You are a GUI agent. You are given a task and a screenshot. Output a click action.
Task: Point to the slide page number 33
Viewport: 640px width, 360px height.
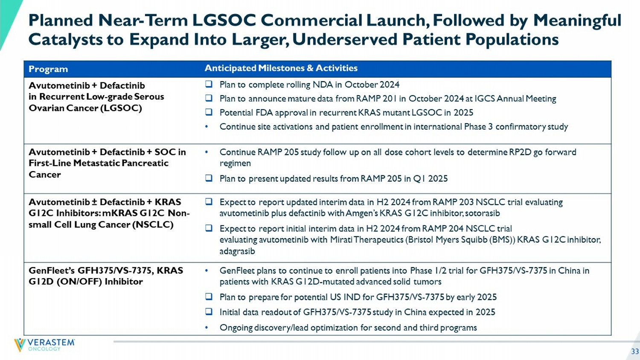635,351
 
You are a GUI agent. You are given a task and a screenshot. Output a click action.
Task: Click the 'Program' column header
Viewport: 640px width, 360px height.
48,69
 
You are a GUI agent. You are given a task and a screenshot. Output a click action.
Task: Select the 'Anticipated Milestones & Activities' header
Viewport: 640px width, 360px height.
281,68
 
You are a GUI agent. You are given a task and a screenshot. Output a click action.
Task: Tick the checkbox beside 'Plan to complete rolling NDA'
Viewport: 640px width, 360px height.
209,84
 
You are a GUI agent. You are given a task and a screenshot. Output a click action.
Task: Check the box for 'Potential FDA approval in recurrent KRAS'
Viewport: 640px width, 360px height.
209,112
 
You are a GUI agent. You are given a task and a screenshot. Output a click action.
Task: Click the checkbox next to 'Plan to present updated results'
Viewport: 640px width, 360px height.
209,178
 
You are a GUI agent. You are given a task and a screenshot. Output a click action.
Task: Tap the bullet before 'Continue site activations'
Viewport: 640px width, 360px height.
207,127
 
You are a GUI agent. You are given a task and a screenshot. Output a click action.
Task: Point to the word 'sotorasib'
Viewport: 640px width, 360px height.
483,213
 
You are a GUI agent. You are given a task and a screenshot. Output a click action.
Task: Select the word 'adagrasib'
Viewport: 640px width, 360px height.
237,251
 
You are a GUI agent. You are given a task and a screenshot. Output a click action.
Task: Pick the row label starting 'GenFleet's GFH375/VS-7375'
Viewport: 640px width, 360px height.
106,276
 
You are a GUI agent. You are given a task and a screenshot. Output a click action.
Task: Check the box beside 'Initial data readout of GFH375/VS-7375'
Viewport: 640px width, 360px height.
209,312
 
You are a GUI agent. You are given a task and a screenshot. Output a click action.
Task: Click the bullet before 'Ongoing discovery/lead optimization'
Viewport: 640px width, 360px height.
207,328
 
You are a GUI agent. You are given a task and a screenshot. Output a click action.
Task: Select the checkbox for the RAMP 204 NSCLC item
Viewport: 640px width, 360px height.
209,228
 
